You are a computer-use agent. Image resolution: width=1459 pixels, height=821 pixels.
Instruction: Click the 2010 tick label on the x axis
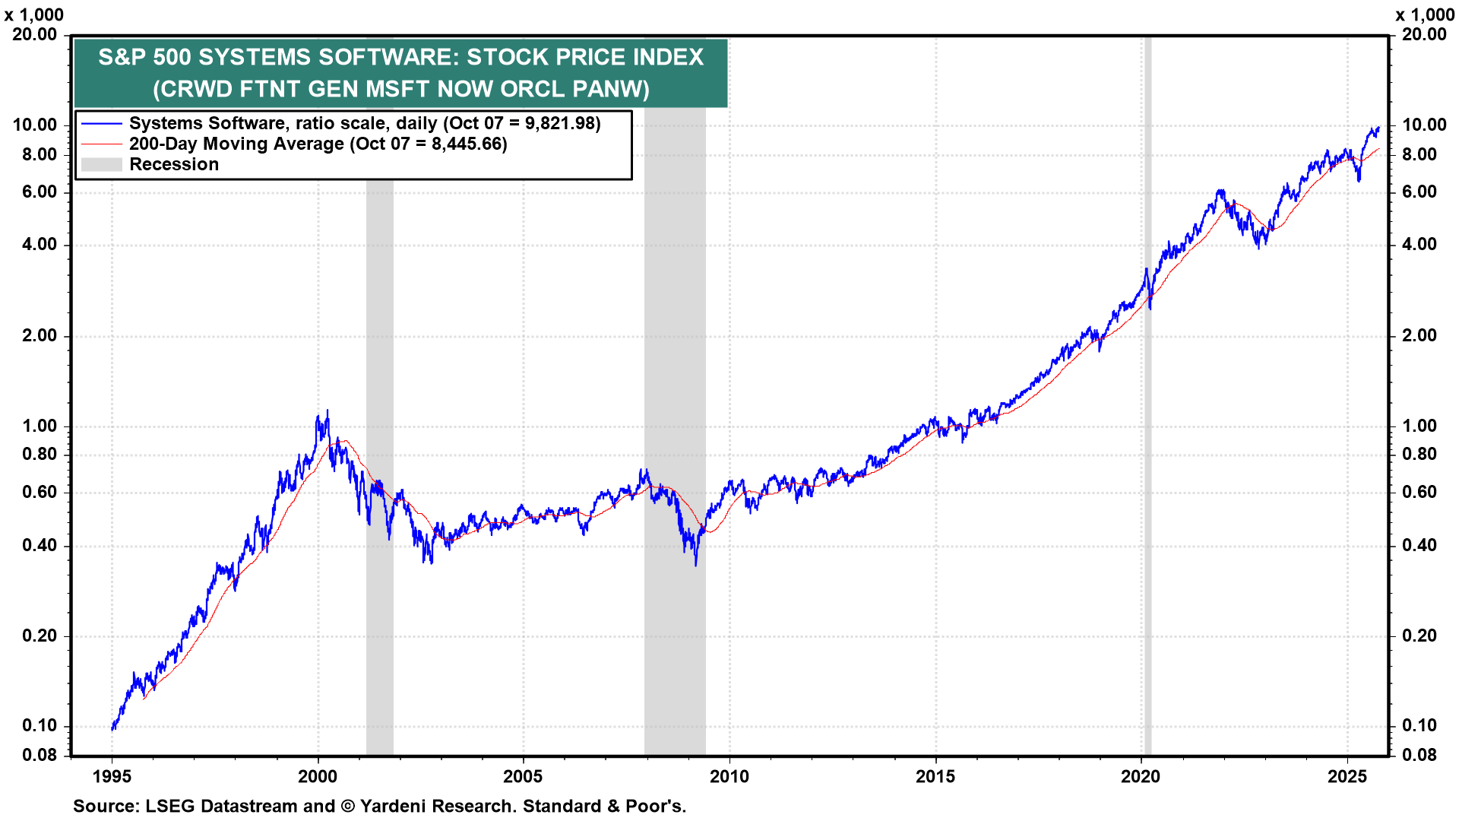(x=729, y=776)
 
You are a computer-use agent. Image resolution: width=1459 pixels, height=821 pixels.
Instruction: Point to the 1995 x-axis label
(x=112, y=776)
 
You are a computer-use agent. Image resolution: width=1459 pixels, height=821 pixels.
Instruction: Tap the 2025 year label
(x=1347, y=776)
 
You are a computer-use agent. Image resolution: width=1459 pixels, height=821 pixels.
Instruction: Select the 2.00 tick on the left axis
(x=39, y=335)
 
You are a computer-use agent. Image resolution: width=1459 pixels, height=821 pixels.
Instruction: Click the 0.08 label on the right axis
(x=1419, y=755)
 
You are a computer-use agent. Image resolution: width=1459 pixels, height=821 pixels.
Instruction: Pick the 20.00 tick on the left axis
(x=34, y=34)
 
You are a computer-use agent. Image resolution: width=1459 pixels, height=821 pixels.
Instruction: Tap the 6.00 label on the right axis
(x=1419, y=192)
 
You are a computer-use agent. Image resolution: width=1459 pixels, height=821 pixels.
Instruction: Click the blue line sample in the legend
(x=101, y=124)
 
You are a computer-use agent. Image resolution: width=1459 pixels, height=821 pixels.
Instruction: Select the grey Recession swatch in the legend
(x=101, y=164)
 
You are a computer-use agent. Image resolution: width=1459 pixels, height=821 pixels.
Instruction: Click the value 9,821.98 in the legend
(x=562, y=124)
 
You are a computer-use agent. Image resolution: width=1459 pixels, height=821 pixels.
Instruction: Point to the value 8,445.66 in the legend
(x=469, y=144)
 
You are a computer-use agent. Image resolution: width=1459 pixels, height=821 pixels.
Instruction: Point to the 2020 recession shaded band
(x=1147, y=456)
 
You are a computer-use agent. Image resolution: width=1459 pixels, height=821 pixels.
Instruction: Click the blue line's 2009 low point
(x=695, y=564)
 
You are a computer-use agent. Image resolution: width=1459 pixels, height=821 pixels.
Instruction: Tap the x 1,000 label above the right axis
(x=1425, y=15)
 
